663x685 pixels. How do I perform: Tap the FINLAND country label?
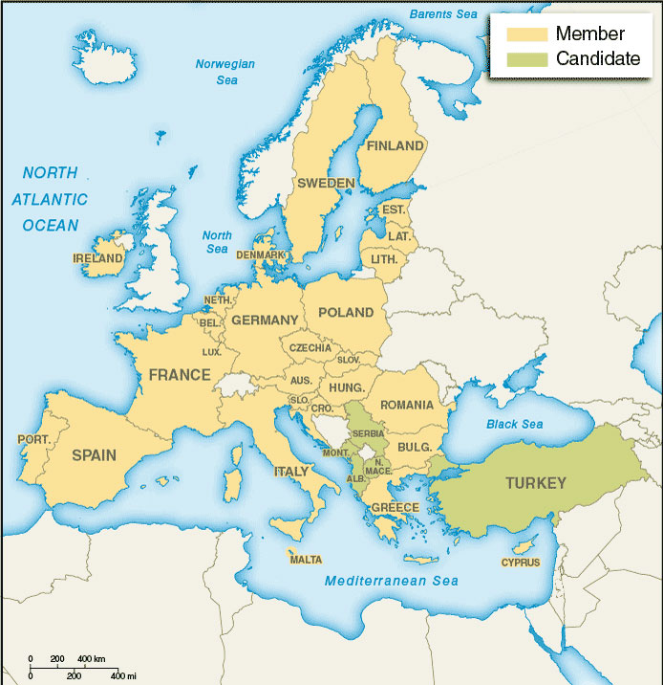click(x=396, y=146)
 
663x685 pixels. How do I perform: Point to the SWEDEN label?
click(x=326, y=183)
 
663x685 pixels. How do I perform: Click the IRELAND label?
click(x=98, y=258)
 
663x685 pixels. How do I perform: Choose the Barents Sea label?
click(x=442, y=13)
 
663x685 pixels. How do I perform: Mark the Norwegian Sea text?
click(x=225, y=72)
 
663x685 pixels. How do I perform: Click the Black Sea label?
click(x=514, y=424)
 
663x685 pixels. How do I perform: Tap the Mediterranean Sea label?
click(x=391, y=581)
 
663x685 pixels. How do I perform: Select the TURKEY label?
click(x=536, y=483)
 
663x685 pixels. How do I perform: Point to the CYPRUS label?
click(x=521, y=563)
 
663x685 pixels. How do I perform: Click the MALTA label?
click(x=306, y=560)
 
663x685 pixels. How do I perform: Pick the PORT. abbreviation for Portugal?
click(x=33, y=439)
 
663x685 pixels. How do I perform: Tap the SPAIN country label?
click(x=94, y=456)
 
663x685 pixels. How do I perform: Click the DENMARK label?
click(x=261, y=255)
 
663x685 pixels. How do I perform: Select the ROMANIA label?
click(x=406, y=405)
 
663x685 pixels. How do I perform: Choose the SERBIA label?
click(x=368, y=433)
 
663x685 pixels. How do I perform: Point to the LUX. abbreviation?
click(x=211, y=352)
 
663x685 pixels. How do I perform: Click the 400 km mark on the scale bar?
click(x=92, y=659)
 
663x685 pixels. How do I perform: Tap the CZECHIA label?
click(x=310, y=347)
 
